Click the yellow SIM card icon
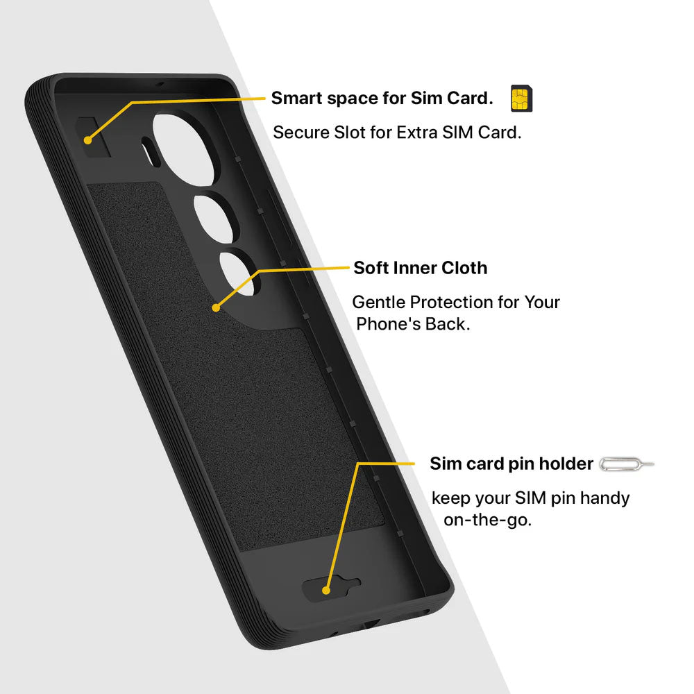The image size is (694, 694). [x=521, y=99]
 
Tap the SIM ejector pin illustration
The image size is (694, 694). [x=626, y=464]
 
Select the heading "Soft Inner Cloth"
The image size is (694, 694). [x=420, y=268]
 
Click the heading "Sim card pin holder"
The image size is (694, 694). [x=511, y=464]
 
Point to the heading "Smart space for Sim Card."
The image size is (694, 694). [x=382, y=98]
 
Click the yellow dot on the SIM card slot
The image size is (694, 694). [x=87, y=140]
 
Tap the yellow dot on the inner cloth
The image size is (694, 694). [x=216, y=307]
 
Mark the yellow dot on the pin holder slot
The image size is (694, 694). [x=326, y=590]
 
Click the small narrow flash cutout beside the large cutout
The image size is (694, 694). [x=151, y=152]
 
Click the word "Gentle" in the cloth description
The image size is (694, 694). [x=379, y=302]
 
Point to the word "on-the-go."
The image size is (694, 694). [x=487, y=520]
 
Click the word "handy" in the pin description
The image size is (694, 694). [x=604, y=498]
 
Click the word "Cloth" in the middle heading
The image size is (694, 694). [x=464, y=268]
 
